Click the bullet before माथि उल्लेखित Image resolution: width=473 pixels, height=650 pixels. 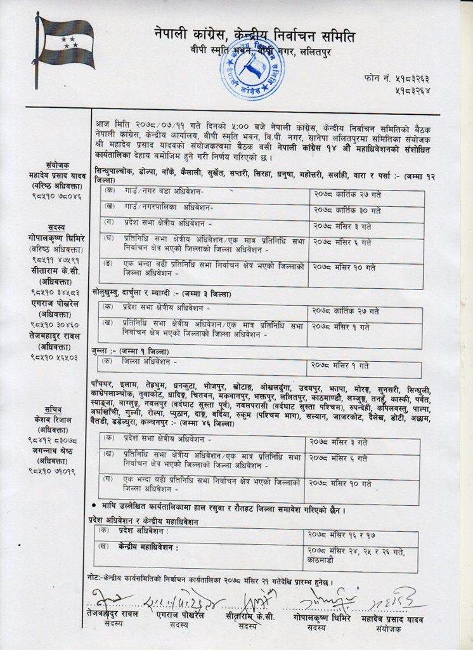94,505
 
